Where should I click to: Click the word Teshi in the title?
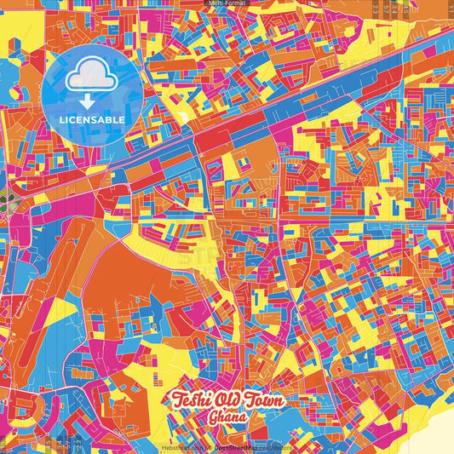pos(193,400)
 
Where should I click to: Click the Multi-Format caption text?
pos(227,3)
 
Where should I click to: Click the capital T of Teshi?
pos(178,399)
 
